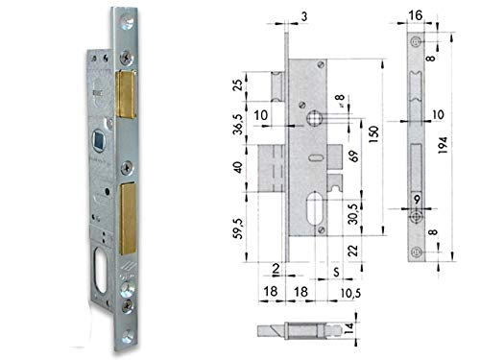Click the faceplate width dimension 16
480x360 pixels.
pyautogui.click(x=413, y=14)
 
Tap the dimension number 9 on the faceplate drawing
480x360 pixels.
pyautogui.click(x=416, y=198)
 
